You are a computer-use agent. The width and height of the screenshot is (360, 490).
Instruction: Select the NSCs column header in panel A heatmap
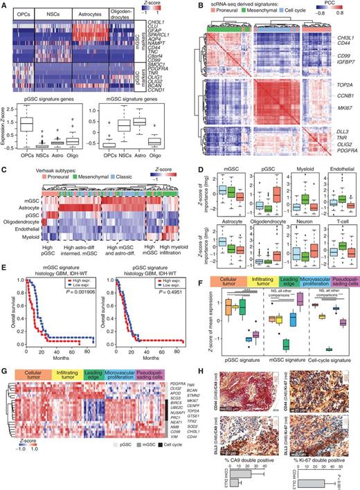click(x=55, y=13)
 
